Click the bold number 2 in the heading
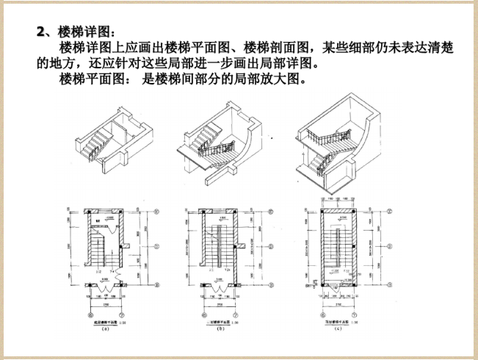tap(42, 32)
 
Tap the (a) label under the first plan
tap(106, 329)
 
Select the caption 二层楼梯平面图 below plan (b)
tap(217, 322)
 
